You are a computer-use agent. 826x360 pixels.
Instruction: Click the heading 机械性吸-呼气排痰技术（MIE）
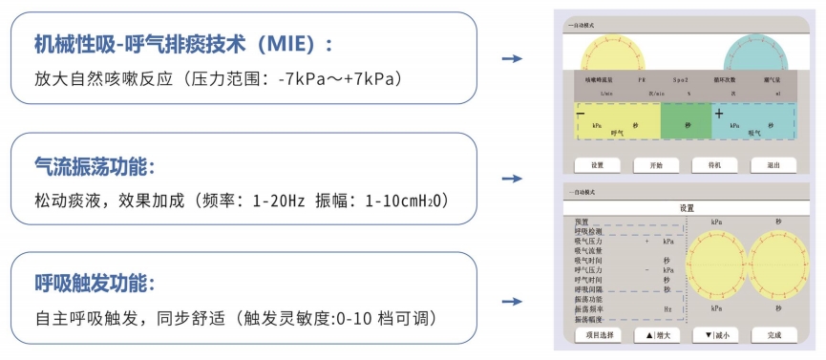pos(182,44)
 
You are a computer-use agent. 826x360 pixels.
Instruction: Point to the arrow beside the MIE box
pos(513,59)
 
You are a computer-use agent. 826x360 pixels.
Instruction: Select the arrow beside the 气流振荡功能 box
pos(513,179)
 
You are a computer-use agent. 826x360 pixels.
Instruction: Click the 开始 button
pos(654,165)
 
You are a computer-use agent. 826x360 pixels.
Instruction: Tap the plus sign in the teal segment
pos(718,115)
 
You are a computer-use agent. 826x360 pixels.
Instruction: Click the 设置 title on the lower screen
pos(687,207)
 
